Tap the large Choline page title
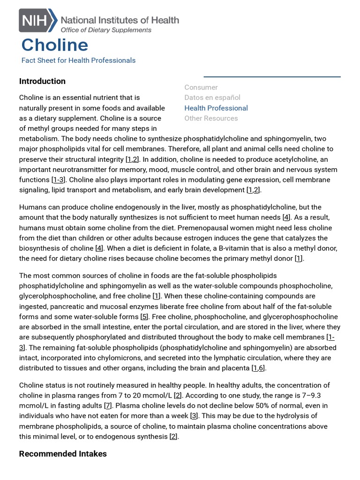coord(55,45)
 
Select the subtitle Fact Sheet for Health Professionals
coord(78,60)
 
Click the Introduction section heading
coord(42,81)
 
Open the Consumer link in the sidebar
coord(201,87)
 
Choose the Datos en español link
coord(212,97)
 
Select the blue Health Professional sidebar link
coord(216,108)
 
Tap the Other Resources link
coord(211,118)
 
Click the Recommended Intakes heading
coord(63,454)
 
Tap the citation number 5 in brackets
coord(144,317)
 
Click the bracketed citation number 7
coord(108,406)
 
